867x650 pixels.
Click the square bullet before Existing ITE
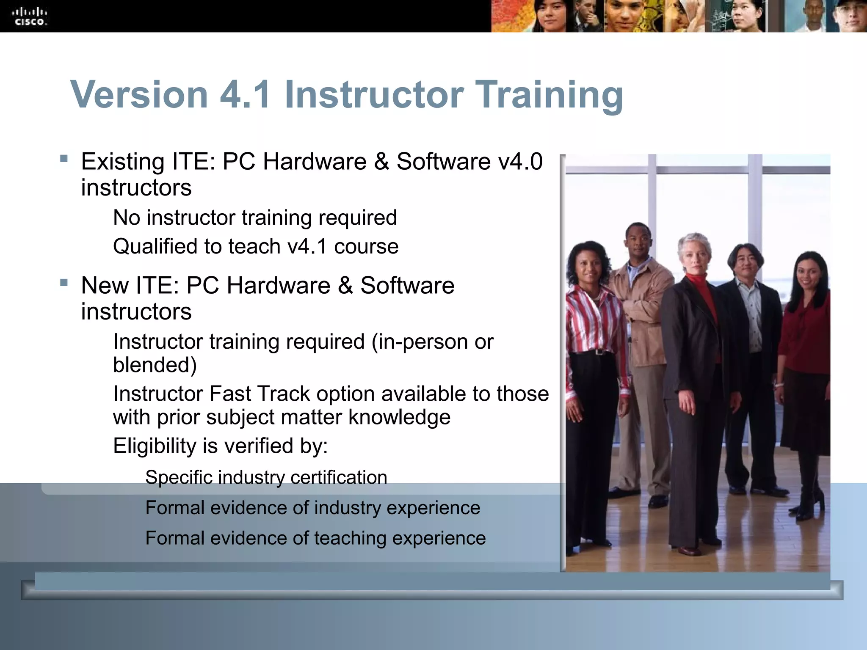pos(64,159)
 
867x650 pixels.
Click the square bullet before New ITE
pos(64,282)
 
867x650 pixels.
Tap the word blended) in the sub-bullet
pos(155,365)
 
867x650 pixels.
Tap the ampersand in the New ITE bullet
pos(345,285)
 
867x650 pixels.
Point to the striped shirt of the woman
pos(593,322)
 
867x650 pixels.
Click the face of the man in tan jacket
pos(638,241)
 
